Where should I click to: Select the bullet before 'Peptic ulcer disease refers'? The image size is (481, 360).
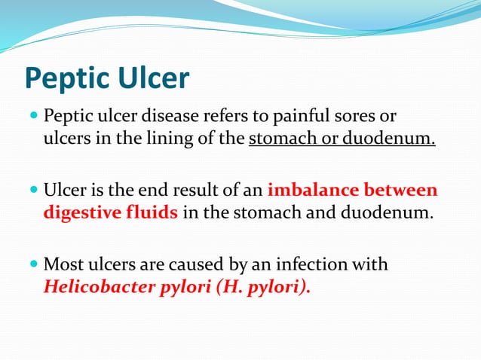click(35, 117)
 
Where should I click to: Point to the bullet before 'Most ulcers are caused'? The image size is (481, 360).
click(35, 264)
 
